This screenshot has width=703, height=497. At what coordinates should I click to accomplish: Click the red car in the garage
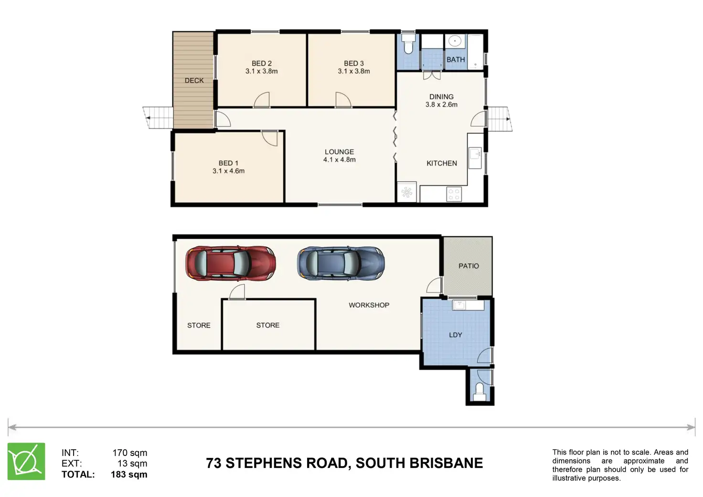pyautogui.click(x=231, y=263)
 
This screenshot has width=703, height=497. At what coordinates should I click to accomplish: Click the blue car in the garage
pyautogui.click(x=341, y=263)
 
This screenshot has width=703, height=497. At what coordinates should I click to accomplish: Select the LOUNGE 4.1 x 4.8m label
pyautogui.click(x=339, y=156)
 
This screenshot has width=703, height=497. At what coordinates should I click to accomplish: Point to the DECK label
pyautogui.click(x=194, y=81)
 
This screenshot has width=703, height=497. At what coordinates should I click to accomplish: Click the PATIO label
pyautogui.click(x=469, y=266)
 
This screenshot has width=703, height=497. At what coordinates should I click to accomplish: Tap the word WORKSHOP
pyautogui.click(x=369, y=305)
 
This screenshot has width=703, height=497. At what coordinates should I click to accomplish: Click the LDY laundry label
pyautogui.click(x=456, y=335)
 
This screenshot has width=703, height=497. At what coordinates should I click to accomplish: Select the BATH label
pyautogui.click(x=456, y=59)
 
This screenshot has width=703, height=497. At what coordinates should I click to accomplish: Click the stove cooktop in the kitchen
pyautogui.click(x=454, y=194)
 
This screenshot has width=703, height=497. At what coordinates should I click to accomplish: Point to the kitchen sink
pyautogui.click(x=475, y=158)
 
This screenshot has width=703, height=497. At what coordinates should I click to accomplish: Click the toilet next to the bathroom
pyautogui.click(x=408, y=44)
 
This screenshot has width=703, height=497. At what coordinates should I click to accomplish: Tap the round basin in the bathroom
pyautogui.click(x=455, y=41)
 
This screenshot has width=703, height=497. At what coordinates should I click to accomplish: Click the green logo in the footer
pyautogui.click(x=26, y=461)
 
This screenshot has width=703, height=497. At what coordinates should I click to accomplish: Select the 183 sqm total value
pyautogui.click(x=129, y=474)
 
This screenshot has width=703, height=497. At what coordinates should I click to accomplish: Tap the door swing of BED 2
pyautogui.click(x=262, y=100)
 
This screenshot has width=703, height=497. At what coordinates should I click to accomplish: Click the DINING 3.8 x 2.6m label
pyautogui.click(x=441, y=100)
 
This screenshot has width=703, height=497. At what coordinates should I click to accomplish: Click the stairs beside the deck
pyautogui.click(x=158, y=117)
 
